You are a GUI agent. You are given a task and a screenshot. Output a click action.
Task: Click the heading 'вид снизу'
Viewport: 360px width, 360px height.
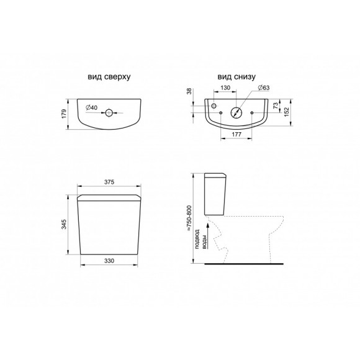(x=236, y=77)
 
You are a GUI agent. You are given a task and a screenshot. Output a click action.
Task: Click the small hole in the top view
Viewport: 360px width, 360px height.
(x=109, y=113)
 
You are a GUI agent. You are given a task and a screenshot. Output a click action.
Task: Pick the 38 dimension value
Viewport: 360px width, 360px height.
(x=190, y=92)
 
